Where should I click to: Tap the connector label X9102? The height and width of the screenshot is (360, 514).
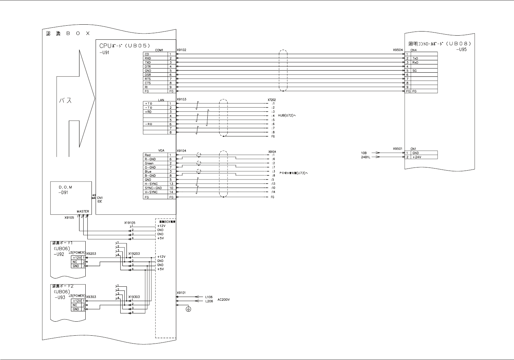click(x=182, y=50)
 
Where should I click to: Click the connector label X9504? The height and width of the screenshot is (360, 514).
click(x=397, y=50)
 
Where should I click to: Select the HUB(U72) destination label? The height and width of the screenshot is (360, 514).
click(x=287, y=115)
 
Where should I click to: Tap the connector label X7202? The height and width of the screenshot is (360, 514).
click(x=271, y=100)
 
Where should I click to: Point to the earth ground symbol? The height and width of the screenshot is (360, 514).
click(x=188, y=309)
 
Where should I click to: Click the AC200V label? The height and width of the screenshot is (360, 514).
click(x=223, y=299)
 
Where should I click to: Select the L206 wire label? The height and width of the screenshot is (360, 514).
click(x=209, y=301)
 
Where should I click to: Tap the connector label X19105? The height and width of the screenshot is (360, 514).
click(x=130, y=223)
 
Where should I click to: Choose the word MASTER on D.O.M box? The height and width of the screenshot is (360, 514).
click(x=83, y=211)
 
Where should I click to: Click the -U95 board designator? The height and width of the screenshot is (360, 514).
click(x=461, y=49)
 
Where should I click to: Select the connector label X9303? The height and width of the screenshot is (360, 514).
click(x=91, y=297)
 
